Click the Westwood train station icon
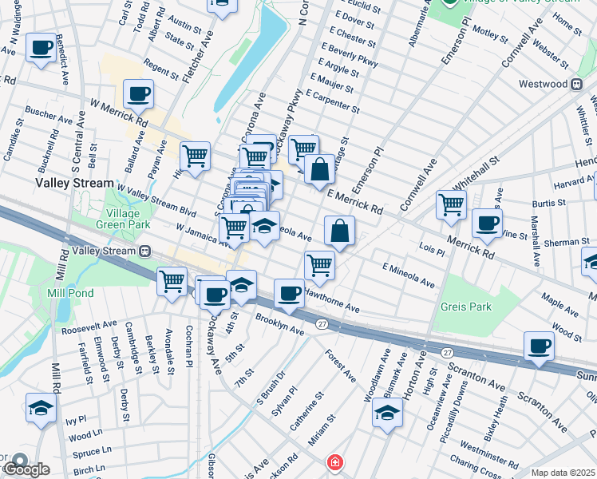[575, 84]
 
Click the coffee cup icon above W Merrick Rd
[138, 93]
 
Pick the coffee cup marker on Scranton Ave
[539, 346]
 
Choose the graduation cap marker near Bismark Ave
[387, 412]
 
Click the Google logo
[26, 469]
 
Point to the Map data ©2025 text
[563, 473]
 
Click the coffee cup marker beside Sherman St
[486, 223]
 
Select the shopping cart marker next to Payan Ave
[195, 155]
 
